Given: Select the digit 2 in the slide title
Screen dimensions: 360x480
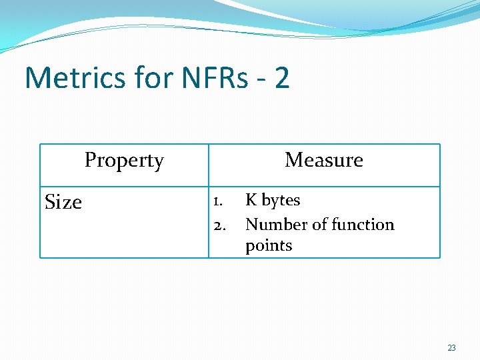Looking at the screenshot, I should coord(281,77).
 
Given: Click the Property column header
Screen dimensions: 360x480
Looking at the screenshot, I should coord(124,161).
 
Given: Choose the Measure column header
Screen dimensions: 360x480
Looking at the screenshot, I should coord(324,160).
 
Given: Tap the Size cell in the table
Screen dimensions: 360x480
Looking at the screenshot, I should coord(63,202).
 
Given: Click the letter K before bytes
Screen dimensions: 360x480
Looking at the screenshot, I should coord(251,200).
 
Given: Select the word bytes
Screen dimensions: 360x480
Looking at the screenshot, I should coord(281,201).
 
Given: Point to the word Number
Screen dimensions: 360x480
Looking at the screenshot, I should coord(271,225).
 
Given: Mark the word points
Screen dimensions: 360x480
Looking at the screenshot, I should coord(269,245).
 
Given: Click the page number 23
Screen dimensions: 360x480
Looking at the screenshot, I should coord(452,348).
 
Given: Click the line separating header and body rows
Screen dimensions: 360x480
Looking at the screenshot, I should coord(240,186).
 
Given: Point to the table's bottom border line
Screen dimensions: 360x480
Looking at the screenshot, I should coord(240,257).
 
